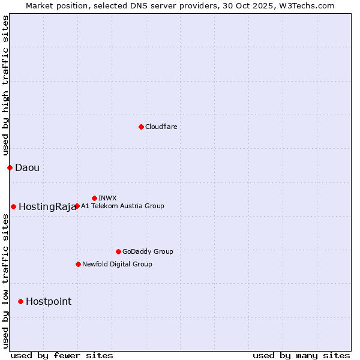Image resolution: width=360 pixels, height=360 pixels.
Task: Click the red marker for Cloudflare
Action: tap(141, 127)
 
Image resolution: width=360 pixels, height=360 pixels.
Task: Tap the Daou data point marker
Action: tap(10, 167)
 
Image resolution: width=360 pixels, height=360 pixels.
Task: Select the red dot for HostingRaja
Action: tap(13, 206)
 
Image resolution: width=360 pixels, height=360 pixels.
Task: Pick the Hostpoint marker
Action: tap(20, 301)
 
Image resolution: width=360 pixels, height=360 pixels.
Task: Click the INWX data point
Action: tap(94, 198)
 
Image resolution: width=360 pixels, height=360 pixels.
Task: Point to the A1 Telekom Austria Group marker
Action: tap(77, 206)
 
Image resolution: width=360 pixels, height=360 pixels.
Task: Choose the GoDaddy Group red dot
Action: tap(118, 251)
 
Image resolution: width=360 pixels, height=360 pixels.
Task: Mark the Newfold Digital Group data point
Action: tap(78, 264)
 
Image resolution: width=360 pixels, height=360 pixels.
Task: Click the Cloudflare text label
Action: tap(161, 127)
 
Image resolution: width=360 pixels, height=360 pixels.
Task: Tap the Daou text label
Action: tap(27, 167)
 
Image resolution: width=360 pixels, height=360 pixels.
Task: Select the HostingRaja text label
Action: tap(47, 206)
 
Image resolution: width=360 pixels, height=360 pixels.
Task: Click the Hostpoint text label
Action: tap(48, 301)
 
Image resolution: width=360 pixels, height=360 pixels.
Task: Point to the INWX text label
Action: tap(107, 198)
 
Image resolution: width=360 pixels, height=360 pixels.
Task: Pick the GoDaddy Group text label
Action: tap(147, 251)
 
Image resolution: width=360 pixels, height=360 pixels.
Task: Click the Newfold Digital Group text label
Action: tap(117, 264)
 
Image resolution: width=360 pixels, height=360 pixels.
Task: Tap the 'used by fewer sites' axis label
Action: tap(62, 355)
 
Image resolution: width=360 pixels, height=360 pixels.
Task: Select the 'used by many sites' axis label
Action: tap(301, 355)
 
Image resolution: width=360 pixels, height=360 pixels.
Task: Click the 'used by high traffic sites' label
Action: tap(5, 85)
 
